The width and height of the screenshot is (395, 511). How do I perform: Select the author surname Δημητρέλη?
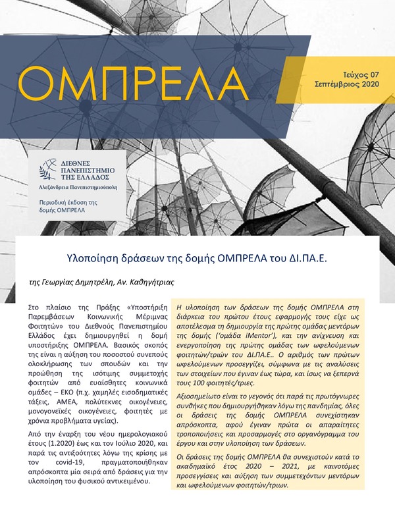(95, 281)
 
